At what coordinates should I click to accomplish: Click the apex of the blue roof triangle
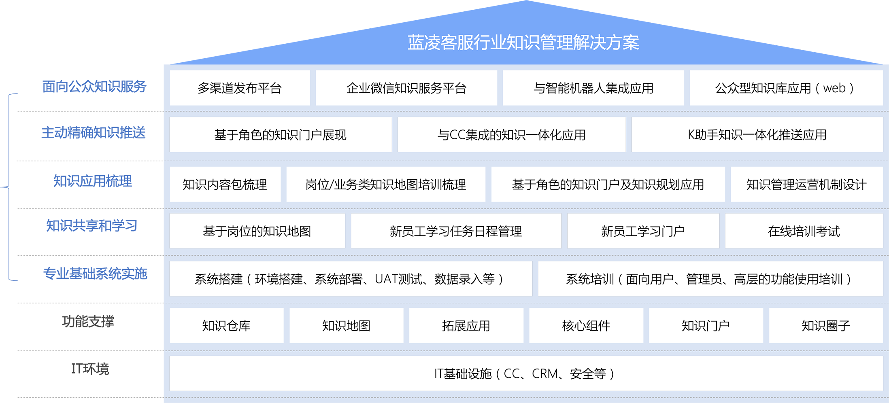tap(526, 1)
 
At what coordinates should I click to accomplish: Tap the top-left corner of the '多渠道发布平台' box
tap(170, 71)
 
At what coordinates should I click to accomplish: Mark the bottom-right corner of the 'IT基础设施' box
tap(883, 390)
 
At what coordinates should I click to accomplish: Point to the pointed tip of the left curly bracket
tap(1, 187)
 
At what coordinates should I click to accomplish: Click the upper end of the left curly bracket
tap(17, 94)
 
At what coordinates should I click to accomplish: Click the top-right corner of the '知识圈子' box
tap(883, 308)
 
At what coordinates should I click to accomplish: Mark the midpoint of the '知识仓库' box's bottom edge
tap(227, 343)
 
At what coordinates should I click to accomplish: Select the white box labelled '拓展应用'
tap(466, 326)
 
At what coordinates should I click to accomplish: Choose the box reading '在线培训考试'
tap(804, 231)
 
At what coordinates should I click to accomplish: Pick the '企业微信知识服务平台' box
tap(406, 88)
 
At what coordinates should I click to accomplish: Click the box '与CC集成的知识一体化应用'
tap(512, 135)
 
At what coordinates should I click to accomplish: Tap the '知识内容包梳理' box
tap(225, 185)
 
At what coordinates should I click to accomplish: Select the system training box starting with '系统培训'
tap(710, 279)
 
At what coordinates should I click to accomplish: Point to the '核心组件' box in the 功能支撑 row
tap(586, 326)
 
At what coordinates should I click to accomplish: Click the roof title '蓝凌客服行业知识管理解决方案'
tap(523, 42)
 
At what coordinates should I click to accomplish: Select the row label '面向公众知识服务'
tap(94, 87)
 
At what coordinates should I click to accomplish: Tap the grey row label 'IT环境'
tap(90, 369)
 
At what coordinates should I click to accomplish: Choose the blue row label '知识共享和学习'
tap(91, 225)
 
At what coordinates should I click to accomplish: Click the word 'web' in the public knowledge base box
tap(834, 88)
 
